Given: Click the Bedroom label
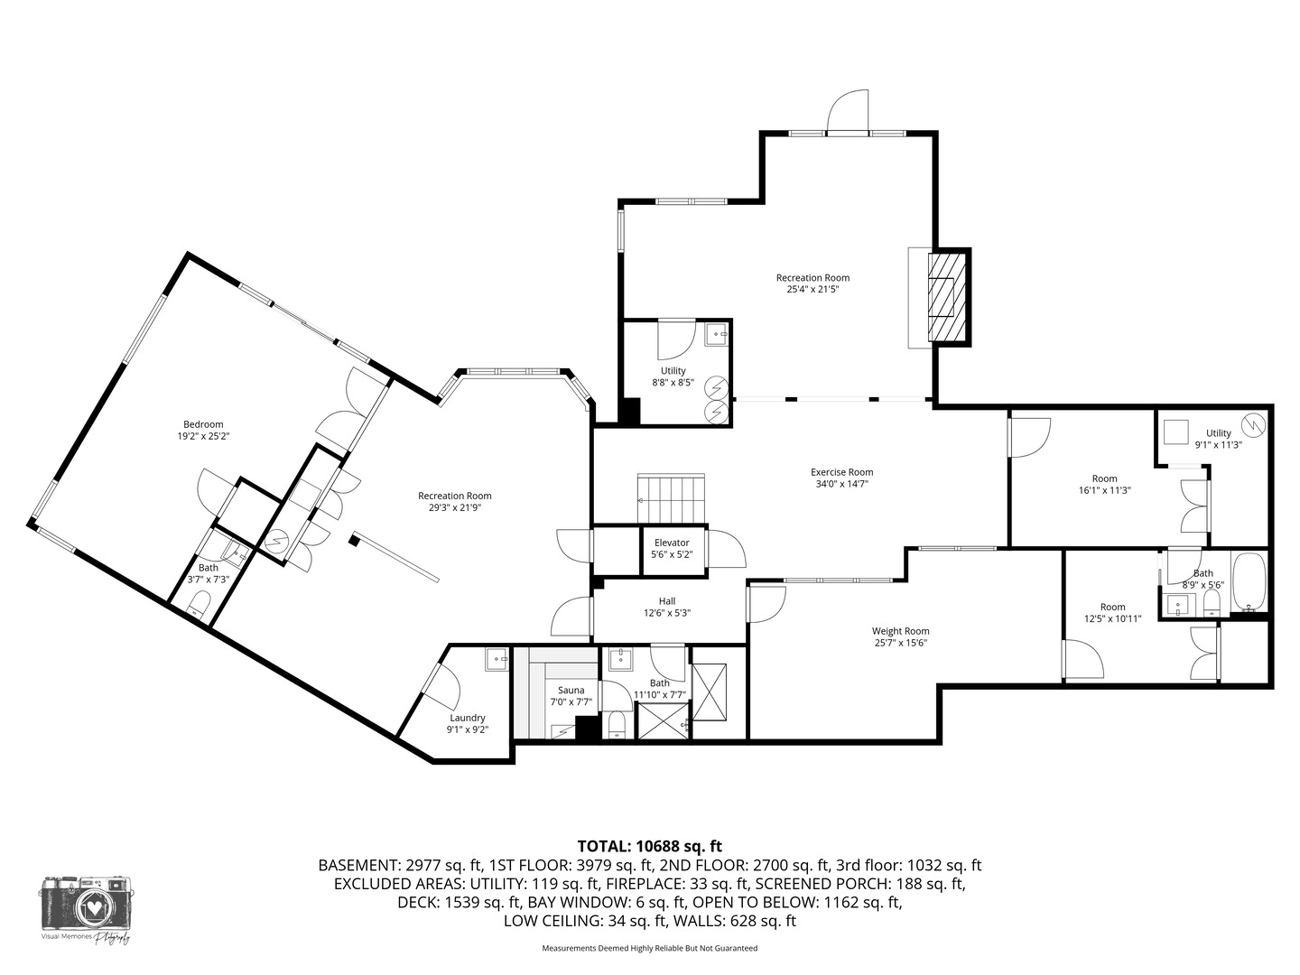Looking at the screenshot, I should click(x=203, y=424).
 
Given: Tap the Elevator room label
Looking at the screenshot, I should click(x=672, y=543).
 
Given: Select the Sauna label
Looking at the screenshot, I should click(x=571, y=691).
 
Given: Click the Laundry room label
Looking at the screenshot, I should click(x=468, y=718).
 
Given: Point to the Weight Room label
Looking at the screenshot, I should click(x=900, y=631).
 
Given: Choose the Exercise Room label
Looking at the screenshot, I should click(x=841, y=472).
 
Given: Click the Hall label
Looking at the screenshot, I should click(x=666, y=601).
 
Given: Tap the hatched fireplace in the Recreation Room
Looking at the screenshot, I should click(x=949, y=296).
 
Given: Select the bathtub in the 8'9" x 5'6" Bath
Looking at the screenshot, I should click(x=1249, y=583).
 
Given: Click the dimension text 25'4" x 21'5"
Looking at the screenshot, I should click(x=812, y=290).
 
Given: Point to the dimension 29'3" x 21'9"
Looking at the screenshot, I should click(x=455, y=507).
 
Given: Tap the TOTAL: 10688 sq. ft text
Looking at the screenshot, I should click(x=650, y=846).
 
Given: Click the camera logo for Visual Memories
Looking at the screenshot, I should click(x=86, y=904).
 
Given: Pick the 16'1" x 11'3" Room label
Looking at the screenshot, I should click(x=1104, y=478).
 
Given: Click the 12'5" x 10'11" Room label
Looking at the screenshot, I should click(x=1112, y=607).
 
